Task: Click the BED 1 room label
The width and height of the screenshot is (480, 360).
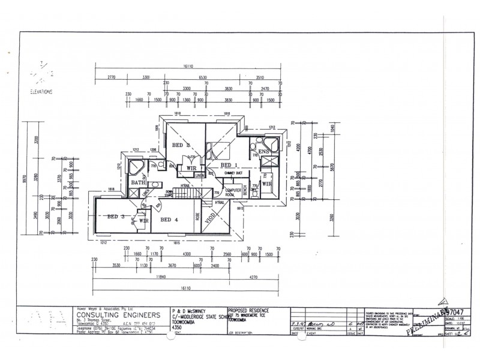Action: (229, 164)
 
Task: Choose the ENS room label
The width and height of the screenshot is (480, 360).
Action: (264, 152)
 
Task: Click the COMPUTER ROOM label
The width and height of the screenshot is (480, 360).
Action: (233, 193)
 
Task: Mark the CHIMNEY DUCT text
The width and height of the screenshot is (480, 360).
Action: (233, 173)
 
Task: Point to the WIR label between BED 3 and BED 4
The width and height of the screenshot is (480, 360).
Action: (143, 221)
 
